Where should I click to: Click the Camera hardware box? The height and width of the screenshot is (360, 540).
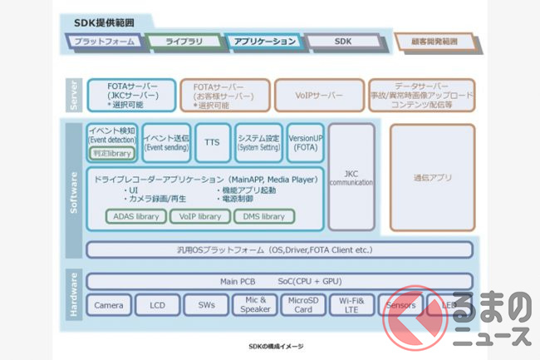point(109,305)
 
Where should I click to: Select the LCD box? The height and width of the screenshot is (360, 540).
point(157,305)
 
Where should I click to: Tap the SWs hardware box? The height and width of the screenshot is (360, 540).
point(206,305)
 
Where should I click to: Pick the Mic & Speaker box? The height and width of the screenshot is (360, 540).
point(254,305)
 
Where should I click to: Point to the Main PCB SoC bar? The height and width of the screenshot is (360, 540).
point(279,281)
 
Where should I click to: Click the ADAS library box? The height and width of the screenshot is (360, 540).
point(136,216)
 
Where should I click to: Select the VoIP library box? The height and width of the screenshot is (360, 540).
point(200,216)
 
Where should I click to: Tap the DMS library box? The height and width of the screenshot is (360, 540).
point(262,216)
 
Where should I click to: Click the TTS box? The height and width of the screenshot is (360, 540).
point(212,143)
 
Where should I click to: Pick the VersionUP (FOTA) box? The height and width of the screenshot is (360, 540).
point(305,143)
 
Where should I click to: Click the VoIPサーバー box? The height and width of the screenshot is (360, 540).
point(319,95)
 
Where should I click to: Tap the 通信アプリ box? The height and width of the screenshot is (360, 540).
point(431,177)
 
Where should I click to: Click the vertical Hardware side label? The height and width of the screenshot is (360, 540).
point(74,293)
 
